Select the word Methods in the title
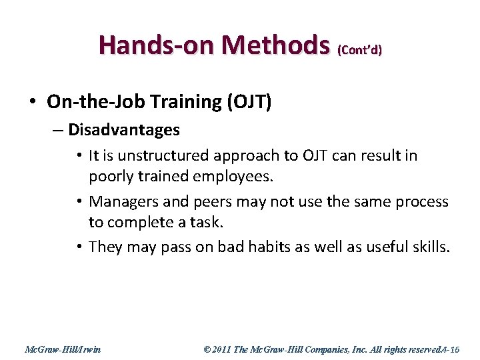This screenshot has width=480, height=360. (277, 45)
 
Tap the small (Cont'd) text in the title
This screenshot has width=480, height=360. (360, 50)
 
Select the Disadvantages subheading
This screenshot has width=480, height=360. (124, 129)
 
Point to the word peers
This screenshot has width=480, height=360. (203, 201)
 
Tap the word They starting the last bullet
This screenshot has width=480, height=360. (105, 247)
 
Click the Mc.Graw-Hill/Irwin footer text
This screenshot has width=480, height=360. (62, 349)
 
